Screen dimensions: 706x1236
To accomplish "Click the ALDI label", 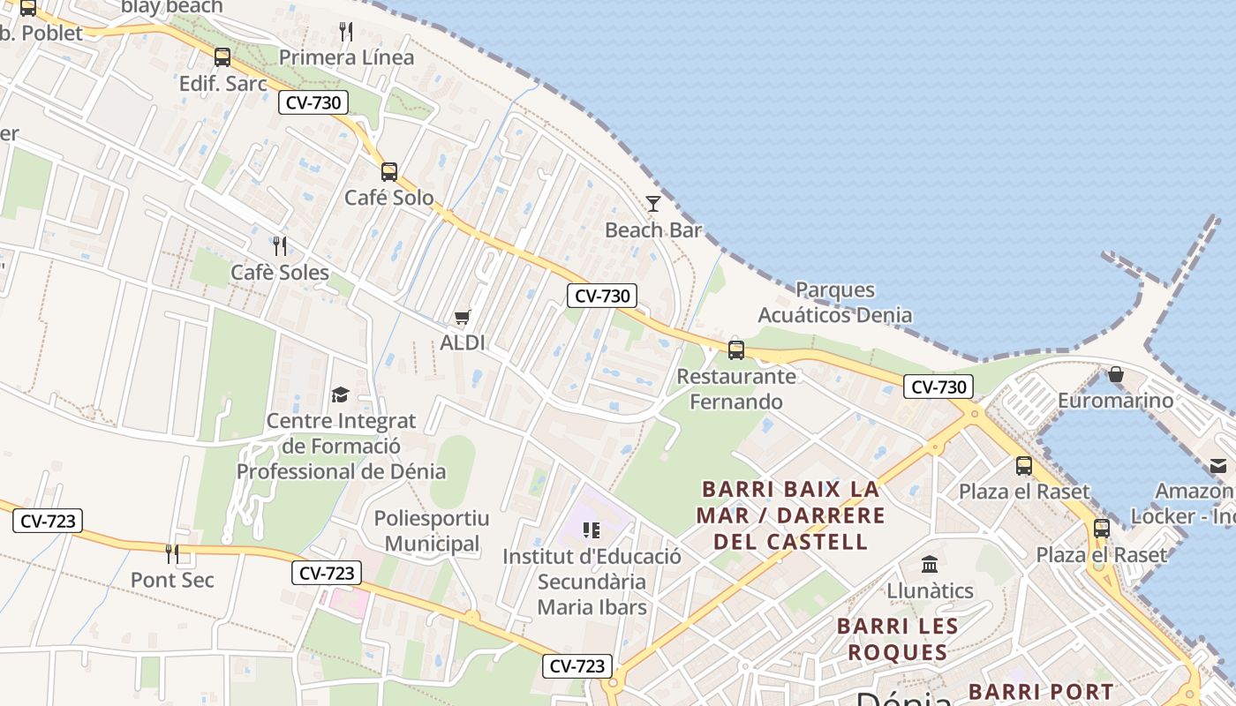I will click(x=463, y=342).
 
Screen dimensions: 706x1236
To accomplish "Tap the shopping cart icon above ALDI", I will click(x=463, y=317).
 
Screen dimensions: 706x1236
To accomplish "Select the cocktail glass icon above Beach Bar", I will click(x=653, y=204).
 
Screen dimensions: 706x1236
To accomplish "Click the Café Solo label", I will click(x=389, y=198).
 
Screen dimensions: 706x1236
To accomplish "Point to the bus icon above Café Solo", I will click(x=389, y=172).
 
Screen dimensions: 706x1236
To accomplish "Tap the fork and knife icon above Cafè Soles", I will click(x=280, y=246).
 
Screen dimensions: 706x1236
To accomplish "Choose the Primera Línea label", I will click(x=346, y=57).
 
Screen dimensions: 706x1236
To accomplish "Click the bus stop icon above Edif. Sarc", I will click(x=222, y=57).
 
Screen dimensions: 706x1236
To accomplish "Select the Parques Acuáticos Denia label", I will click(x=835, y=302).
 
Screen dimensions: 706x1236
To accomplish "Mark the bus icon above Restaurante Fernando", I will click(x=736, y=350).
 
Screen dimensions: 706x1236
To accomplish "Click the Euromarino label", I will click(x=1116, y=401).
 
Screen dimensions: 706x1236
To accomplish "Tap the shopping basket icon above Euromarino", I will click(x=1116, y=375).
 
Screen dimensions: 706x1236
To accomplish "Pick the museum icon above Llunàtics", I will click(x=930, y=565).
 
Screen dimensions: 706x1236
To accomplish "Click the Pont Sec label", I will click(x=172, y=580).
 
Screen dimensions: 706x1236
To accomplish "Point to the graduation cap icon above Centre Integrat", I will click(x=341, y=394).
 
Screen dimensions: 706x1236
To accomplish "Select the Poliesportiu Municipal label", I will click(x=433, y=530).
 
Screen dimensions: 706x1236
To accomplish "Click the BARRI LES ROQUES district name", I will click(x=897, y=639).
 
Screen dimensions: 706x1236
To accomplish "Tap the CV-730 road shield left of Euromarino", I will click(x=938, y=387).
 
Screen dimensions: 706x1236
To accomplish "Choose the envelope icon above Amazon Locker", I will click(x=1218, y=466).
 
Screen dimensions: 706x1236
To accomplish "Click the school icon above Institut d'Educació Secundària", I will click(x=592, y=530).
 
